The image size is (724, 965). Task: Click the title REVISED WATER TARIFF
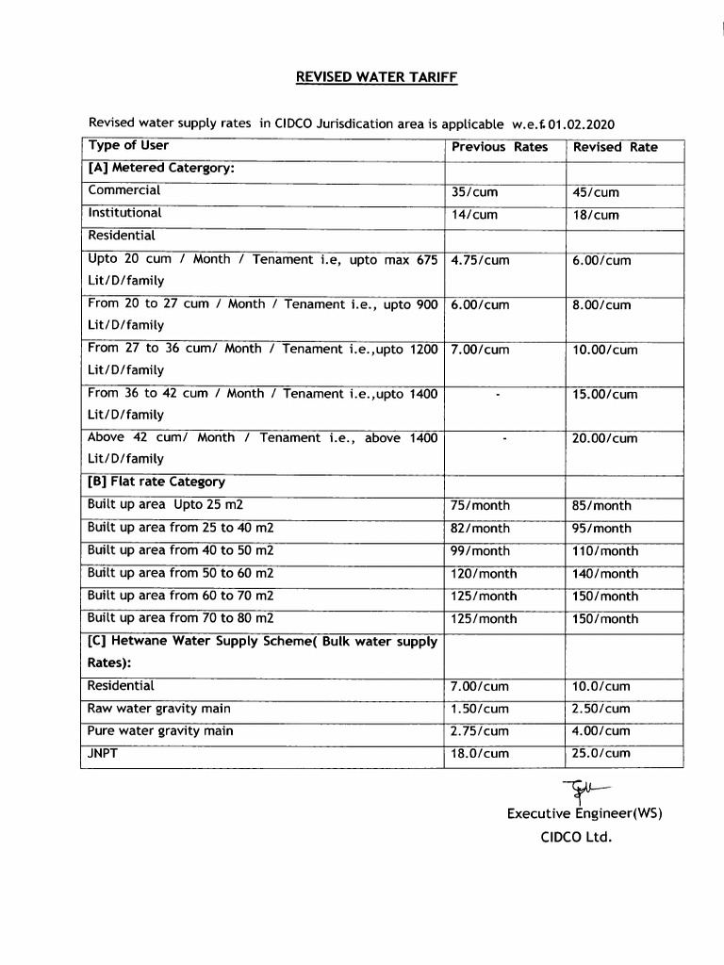point(377,77)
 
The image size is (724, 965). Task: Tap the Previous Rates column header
point(499,147)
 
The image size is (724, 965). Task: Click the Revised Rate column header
point(615,147)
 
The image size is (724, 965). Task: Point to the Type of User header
point(128,145)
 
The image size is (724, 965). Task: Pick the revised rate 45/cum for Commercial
point(596,192)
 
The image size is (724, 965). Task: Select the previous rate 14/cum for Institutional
point(474,215)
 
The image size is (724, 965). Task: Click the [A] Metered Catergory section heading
point(160,168)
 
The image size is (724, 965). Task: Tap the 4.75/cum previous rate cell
point(480,260)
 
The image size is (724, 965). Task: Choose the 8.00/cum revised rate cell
point(601,305)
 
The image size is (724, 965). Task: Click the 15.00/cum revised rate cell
point(604,395)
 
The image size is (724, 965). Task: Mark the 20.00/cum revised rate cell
point(604,438)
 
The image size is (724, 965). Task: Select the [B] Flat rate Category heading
point(156,482)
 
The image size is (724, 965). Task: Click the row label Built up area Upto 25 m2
point(165,505)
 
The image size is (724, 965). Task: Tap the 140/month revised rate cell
point(604,574)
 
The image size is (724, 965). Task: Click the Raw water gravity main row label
point(158,709)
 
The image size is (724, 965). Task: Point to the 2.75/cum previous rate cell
point(480,731)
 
